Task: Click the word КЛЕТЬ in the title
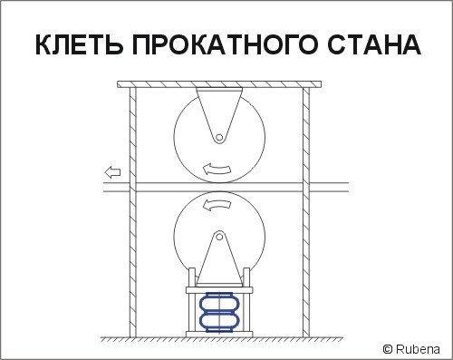pos(80,44)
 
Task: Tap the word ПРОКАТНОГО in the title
pos(225,44)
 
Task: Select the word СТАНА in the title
pos(374,44)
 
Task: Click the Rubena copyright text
pos(411,349)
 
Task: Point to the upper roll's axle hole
pos(219,138)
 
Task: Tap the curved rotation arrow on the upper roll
pos(217,170)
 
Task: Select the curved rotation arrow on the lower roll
pos(217,205)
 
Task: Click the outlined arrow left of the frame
pos(112,172)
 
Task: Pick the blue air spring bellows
pos(219,312)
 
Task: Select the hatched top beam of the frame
pos(219,84)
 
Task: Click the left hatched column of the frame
pos(133,212)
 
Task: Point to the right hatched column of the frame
pos(306,212)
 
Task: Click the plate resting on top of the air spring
pos(219,290)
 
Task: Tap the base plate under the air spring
pos(219,334)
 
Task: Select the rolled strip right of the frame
pos(329,187)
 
